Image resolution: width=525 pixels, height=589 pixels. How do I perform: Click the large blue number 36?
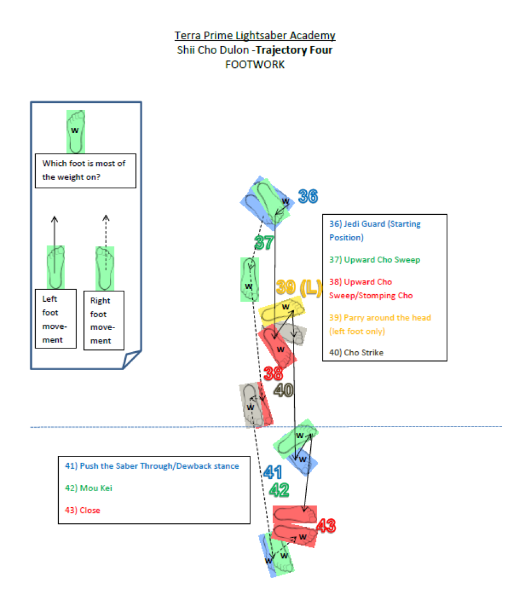point(308,197)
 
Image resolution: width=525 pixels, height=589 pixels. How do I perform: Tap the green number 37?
point(264,243)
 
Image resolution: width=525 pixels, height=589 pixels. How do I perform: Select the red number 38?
point(273,373)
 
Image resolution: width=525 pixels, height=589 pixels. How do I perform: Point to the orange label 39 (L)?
point(298,287)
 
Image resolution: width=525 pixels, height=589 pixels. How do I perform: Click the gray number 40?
point(283,390)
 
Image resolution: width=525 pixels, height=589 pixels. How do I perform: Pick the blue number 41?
point(272,473)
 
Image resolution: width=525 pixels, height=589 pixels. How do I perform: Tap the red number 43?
point(325,526)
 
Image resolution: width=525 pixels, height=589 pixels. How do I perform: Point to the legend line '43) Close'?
point(82,510)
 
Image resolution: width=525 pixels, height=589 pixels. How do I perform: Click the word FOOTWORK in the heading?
point(255,64)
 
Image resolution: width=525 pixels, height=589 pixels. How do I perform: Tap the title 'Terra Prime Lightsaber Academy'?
point(255,36)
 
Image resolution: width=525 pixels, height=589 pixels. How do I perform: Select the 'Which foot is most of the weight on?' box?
point(85,170)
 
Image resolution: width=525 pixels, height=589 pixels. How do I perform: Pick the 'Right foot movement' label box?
point(104,320)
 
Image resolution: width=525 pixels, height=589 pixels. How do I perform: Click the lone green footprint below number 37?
point(249,280)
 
